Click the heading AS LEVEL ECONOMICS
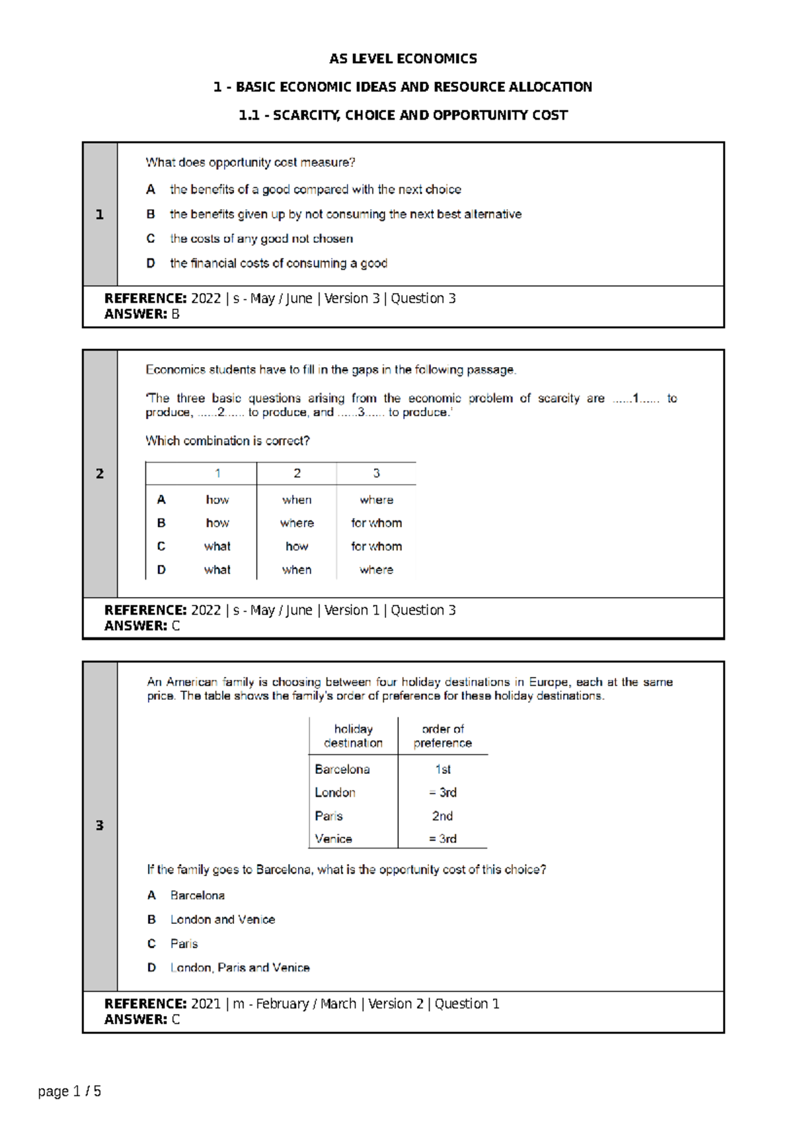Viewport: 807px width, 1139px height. coord(403,58)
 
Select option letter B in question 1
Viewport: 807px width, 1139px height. coord(151,214)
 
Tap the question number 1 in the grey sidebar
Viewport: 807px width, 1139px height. coord(100,214)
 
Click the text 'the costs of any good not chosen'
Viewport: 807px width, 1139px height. coord(261,239)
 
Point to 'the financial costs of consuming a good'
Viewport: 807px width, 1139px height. coord(278,264)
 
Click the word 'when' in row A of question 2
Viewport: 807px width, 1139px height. coord(297,500)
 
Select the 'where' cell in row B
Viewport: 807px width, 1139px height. coord(297,523)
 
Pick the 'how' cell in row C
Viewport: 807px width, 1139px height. coord(297,547)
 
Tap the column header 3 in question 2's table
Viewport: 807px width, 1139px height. coord(377,473)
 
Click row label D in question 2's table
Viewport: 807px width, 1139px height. coord(161,569)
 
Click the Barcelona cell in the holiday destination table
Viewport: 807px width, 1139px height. coord(342,769)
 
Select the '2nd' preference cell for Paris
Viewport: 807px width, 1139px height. coord(443,816)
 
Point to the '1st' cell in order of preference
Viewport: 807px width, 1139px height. coord(443,769)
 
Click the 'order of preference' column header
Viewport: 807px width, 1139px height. coord(443,736)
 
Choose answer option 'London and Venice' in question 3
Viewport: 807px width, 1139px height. coord(223,919)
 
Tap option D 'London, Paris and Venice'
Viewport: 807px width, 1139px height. coord(239,968)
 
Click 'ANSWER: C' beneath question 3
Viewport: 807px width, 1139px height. coord(142,1019)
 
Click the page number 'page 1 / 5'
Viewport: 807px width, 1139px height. coord(69,1091)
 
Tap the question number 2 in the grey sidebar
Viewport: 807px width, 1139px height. coord(100,473)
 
